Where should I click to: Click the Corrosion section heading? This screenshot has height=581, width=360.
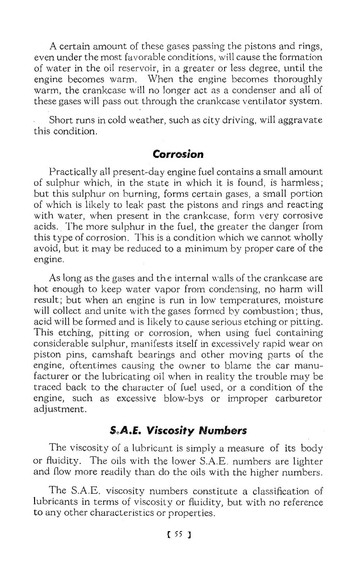[x=178, y=155]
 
